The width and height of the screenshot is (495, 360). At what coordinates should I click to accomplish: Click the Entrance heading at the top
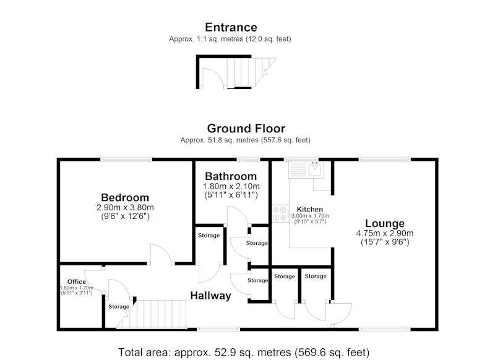pos(231,27)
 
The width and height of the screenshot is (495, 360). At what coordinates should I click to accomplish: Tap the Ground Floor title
pos(246,129)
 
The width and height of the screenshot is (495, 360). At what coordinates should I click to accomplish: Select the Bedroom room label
pos(125,197)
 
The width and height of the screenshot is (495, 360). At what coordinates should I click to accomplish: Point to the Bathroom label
pos(231,176)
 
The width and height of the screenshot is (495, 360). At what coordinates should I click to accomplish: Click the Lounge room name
pos(385,223)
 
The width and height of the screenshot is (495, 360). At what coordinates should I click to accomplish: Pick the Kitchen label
pos(310,209)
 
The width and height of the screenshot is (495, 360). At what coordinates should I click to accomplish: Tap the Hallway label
pos(210,296)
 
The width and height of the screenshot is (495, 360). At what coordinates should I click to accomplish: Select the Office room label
pos(76,281)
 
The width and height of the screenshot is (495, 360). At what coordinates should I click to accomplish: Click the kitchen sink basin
pos(314,169)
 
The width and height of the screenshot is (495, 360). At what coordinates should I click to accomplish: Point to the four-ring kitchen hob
pos(280,213)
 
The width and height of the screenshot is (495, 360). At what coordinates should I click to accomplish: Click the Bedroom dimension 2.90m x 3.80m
pos(125,208)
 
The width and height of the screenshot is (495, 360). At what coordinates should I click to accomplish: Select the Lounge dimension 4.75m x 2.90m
pos(385,233)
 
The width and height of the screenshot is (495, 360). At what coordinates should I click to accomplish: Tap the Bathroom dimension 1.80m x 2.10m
pos(231,186)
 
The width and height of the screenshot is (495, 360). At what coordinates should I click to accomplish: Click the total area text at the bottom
pos(244,352)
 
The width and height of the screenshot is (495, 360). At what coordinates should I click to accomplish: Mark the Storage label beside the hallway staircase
pos(119,307)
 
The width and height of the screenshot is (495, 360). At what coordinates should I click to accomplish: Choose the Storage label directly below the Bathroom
pos(209,236)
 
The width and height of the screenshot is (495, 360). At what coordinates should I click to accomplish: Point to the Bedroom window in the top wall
pos(126,160)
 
